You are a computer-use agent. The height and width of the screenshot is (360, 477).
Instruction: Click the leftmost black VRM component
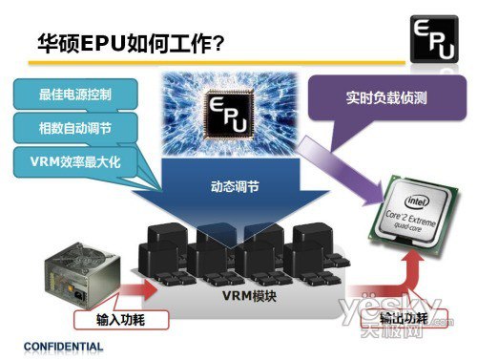162,248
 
